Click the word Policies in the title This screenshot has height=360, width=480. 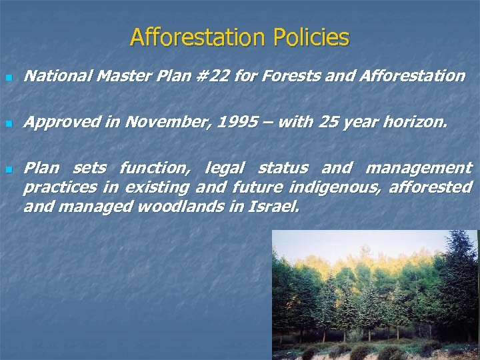pyautogui.click(x=309, y=37)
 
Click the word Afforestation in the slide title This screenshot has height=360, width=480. pyautogui.click(x=196, y=37)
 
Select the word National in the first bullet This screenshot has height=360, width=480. pyautogui.click(x=57, y=76)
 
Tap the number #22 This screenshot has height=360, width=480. pyautogui.click(x=213, y=76)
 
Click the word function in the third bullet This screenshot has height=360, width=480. pyautogui.click(x=153, y=167)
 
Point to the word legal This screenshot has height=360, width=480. pyautogui.click(x=226, y=168)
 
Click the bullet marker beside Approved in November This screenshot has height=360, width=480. pyautogui.click(x=8, y=125)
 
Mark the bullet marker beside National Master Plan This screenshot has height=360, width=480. pyautogui.click(x=8, y=78)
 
